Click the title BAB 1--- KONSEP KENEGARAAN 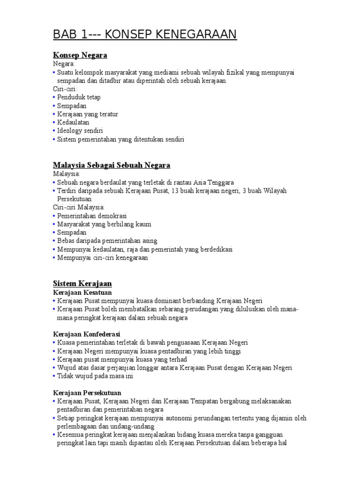pyautogui.click(x=145, y=35)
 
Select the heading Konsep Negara pyautogui.click(x=80, y=55)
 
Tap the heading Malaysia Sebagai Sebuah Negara pyautogui.click(x=112, y=165)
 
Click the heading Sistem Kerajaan pyautogui.click(x=82, y=284)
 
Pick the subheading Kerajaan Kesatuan pyautogui.click(x=82, y=292)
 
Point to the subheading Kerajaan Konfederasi pyautogui.click(x=87, y=334)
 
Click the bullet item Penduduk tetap pyautogui.click(x=79, y=97)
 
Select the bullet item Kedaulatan pyautogui.click(x=73, y=123)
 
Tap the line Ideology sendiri pyautogui.click(x=80, y=131)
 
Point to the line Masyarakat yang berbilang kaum pyautogui.click(x=104, y=225)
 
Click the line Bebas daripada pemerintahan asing pyautogui.click(x=107, y=241)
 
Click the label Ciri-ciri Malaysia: pyautogui.click(x=79, y=207)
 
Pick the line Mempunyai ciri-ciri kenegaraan pyautogui.click(x=103, y=258)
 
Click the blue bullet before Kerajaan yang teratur pyautogui.click(x=54, y=114)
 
